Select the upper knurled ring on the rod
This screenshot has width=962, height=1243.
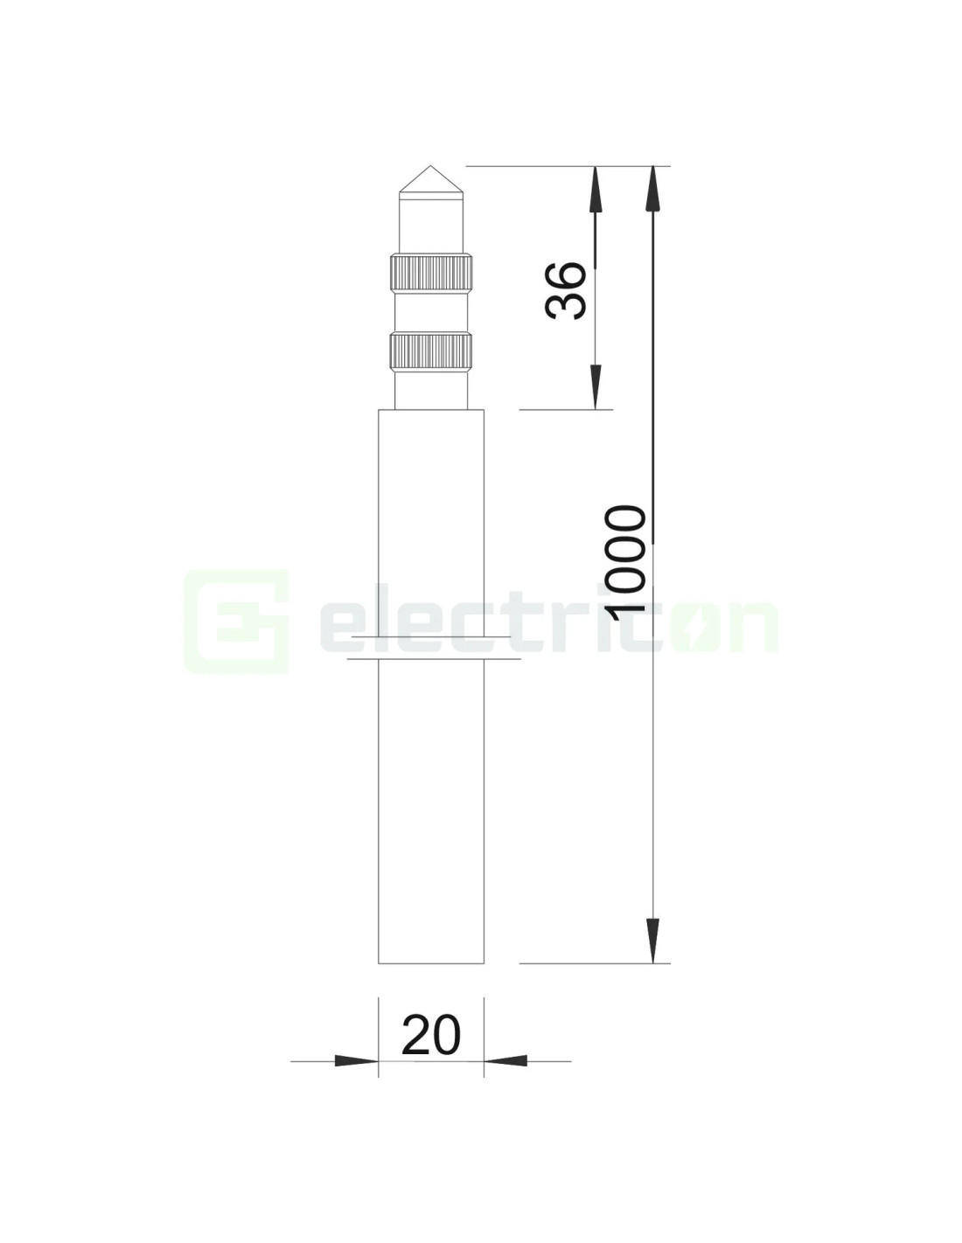(x=431, y=272)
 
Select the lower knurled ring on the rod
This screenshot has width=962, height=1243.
(x=431, y=350)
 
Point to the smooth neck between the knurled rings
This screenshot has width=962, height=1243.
(x=431, y=311)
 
